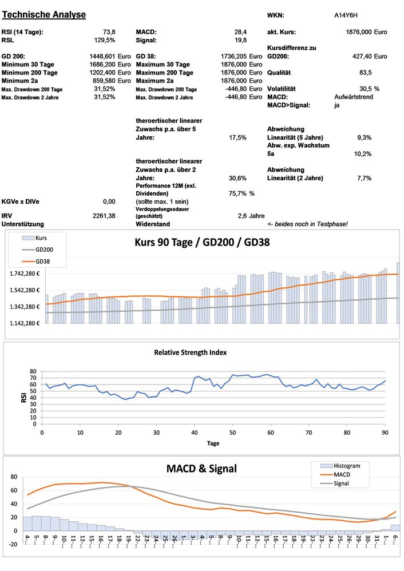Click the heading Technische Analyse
pyautogui.click(x=44, y=14)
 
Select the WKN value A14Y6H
pyautogui.click(x=346, y=15)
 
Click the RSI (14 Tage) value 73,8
pyautogui.click(x=109, y=32)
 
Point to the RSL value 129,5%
pyautogui.click(x=104, y=40)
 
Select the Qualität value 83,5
pyautogui.click(x=365, y=73)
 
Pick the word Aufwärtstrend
pyautogui.click(x=354, y=97)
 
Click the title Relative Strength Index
pyautogui.click(x=195, y=352)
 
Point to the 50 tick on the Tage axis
pyautogui.click(x=232, y=433)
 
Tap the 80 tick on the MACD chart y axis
pyautogui.click(x=14, y=477)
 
